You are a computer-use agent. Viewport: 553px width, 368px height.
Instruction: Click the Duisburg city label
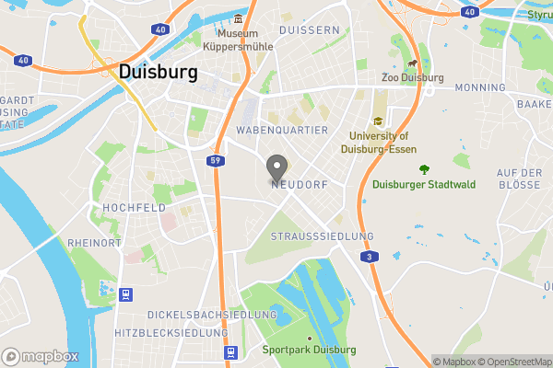point(158,73)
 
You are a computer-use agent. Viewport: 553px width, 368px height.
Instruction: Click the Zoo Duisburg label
point(412,79)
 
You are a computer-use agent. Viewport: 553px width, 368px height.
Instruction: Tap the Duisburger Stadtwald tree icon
point(424,169)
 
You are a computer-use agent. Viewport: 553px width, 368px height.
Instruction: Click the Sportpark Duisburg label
point(309,350)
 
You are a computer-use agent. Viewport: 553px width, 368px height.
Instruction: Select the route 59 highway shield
point(215,160)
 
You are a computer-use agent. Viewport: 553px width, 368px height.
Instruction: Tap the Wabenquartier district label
point(282,131)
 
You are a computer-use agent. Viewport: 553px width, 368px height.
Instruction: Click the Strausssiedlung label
point(323,236)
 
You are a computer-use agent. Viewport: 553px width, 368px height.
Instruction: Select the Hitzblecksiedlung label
point(171,331)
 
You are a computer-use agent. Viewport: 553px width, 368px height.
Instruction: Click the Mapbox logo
point(41,356)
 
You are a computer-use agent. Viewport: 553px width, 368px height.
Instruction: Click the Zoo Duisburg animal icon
point(412,65)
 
